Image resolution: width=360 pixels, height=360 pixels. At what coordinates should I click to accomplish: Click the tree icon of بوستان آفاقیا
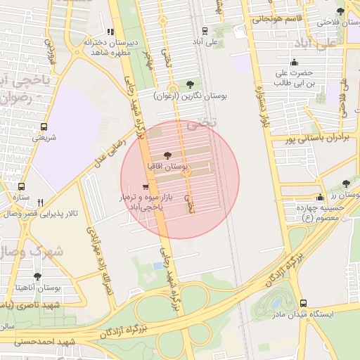coord(167,155)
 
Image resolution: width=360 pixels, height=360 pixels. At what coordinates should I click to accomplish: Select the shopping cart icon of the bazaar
coord(145,187)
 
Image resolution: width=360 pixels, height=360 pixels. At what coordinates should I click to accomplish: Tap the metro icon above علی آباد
coord(204,31)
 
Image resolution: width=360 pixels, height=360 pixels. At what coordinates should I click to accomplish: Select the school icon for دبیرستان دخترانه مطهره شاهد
coord(110,32)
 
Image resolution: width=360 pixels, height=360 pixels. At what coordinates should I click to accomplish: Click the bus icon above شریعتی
coord(44,127)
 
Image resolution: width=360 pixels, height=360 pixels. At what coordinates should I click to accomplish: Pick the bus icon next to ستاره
coord(22,188)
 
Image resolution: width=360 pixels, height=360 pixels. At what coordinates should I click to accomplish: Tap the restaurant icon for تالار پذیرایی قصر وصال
coord(41,202)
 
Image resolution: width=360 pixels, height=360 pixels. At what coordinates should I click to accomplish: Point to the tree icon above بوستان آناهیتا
coord(38,277)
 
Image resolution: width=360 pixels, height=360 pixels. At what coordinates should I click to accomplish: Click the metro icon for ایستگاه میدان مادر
coord(303,303)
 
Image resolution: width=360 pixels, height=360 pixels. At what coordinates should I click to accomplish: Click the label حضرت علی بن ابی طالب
coord(292,77)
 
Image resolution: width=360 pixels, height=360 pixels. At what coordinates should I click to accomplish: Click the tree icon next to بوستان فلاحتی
coord(340,11)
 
